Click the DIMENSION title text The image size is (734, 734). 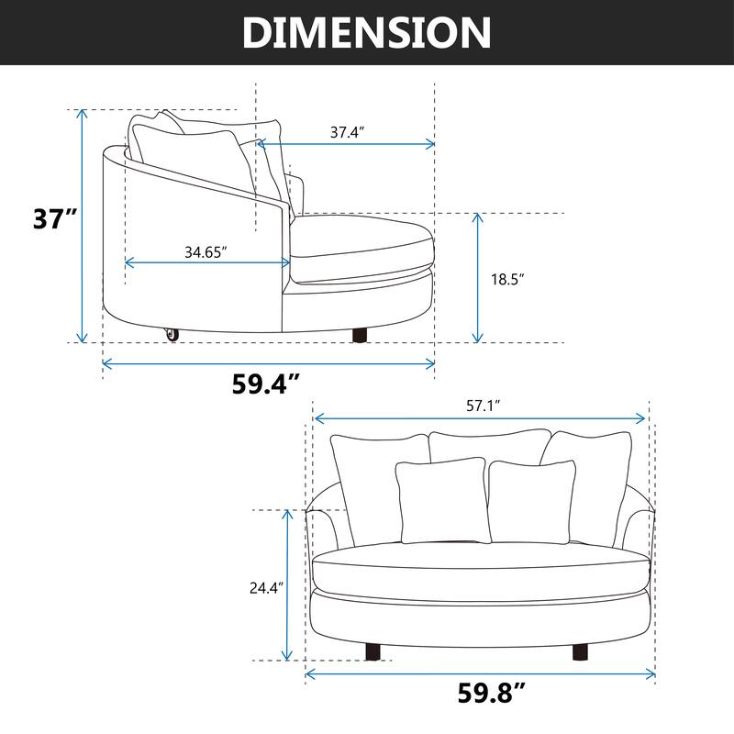(x=367, y=32)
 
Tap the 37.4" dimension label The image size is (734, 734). (x=348, y=132)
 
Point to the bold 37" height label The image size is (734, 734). (x=54, y=220)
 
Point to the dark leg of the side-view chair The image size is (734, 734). (x=360, y=334)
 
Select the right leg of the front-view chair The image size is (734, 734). (x=580, y=651)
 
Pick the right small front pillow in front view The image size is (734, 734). (x=532, y=500)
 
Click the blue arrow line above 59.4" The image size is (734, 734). (x=268, y=363)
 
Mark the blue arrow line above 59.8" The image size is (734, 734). (x=480, y=674)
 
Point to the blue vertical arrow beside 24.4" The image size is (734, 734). (x=289, y=585)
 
